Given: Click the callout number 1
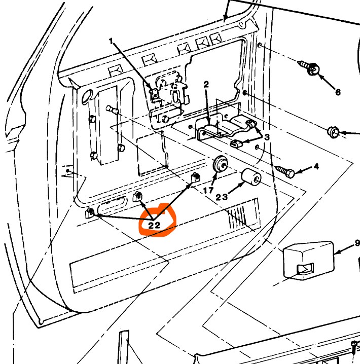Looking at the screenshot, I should click(x=111, y=41).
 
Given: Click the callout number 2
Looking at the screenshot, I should click(x=206, y=84).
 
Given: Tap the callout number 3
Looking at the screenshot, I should click(x=267, y=137).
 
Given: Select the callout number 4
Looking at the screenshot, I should click(x=316, y=166).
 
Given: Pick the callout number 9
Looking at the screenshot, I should click(x=357, y=243).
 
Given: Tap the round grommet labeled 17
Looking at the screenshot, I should click(x=221, y=165).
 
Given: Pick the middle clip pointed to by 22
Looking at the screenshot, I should click(x=137, y=197).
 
